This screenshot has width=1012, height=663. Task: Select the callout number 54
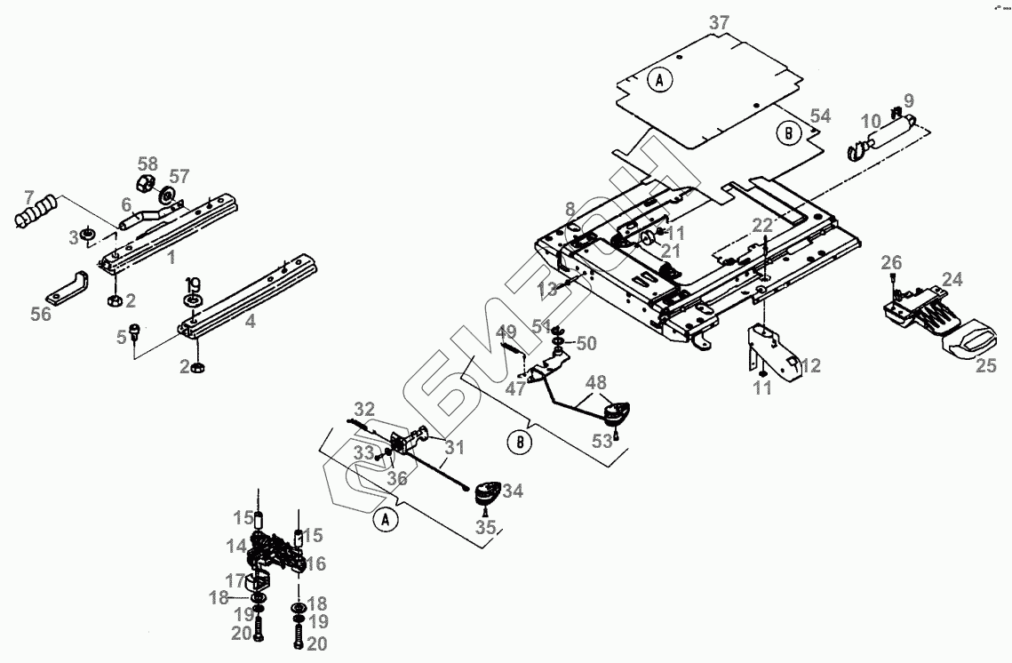[820, 116]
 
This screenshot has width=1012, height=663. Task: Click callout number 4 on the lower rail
[251, 321]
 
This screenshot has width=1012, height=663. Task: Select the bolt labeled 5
[136, 331]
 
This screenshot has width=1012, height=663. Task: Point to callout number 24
[952, 279]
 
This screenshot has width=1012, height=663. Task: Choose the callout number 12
[810, 365]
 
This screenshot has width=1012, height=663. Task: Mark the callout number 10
[871, 120]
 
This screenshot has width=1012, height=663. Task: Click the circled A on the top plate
[659, 80]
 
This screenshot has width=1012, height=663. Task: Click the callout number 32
[364, 409]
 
